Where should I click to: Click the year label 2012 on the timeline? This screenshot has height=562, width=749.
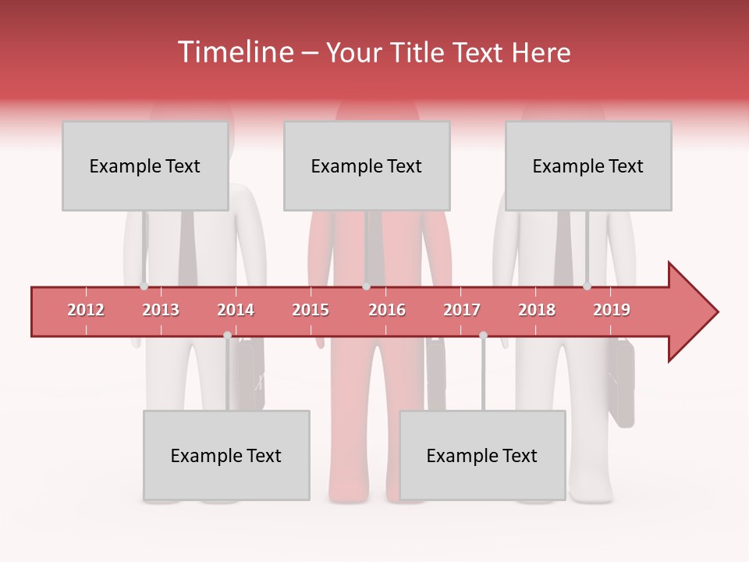86,310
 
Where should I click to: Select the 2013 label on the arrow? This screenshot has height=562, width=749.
161,310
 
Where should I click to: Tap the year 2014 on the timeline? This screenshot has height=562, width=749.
236,310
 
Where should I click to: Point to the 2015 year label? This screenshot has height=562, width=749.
311,310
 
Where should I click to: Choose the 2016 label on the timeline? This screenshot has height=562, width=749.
387,310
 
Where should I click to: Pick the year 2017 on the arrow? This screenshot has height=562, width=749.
462,310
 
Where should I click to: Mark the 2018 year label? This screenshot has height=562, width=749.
537,310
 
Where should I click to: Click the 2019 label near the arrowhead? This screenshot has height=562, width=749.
612,310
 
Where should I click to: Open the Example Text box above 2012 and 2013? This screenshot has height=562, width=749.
145,166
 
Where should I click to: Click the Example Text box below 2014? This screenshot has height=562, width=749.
226,456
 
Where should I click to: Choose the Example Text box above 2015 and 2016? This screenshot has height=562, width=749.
367,166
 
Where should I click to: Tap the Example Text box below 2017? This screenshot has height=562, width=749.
482,456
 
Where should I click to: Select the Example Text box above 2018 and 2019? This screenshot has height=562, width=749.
588,166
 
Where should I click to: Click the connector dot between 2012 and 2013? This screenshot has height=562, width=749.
144,286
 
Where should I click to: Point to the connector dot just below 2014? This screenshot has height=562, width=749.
227,336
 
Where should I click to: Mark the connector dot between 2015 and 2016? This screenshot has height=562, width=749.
366,286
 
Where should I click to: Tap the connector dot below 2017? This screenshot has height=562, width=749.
483,336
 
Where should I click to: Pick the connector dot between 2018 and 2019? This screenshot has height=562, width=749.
587,286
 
